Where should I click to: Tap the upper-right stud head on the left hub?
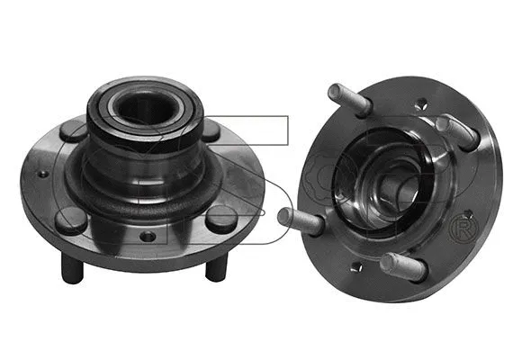point(210,130)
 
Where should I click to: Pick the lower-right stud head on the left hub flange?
point(219,218)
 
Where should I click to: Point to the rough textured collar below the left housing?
point(144,202)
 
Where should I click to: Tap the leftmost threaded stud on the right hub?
point(300,219)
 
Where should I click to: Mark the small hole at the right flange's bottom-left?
point(357,266)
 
